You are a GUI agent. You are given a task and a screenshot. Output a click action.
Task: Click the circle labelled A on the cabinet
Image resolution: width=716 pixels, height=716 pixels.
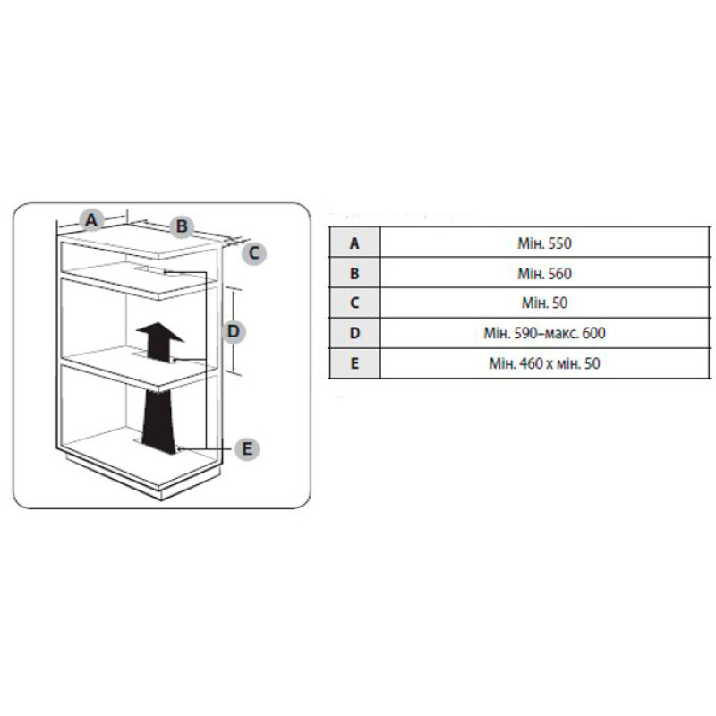point(91,217)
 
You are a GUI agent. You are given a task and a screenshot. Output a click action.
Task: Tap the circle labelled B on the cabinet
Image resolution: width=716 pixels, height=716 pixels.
point(181,226)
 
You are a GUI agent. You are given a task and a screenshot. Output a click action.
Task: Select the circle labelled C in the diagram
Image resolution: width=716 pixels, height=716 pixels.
point(253,252)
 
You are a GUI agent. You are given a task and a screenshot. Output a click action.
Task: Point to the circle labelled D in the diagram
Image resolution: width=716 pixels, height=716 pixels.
point(233,331)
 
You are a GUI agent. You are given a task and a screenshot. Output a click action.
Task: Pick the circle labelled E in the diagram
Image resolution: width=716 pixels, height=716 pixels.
point(248,448)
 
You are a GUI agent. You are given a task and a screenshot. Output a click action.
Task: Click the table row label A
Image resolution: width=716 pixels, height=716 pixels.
point(354,243)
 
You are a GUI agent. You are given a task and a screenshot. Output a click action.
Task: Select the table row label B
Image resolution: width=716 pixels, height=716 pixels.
point(354,273)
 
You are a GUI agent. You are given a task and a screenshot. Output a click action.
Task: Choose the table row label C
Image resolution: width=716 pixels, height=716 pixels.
point(354,303)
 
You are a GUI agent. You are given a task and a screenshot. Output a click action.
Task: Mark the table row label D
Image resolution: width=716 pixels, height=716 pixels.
point(354,334)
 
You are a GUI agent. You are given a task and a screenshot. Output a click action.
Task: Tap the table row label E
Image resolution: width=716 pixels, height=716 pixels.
point(354,364)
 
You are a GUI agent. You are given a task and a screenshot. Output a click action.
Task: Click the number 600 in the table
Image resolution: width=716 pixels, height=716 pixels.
point(594,334)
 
